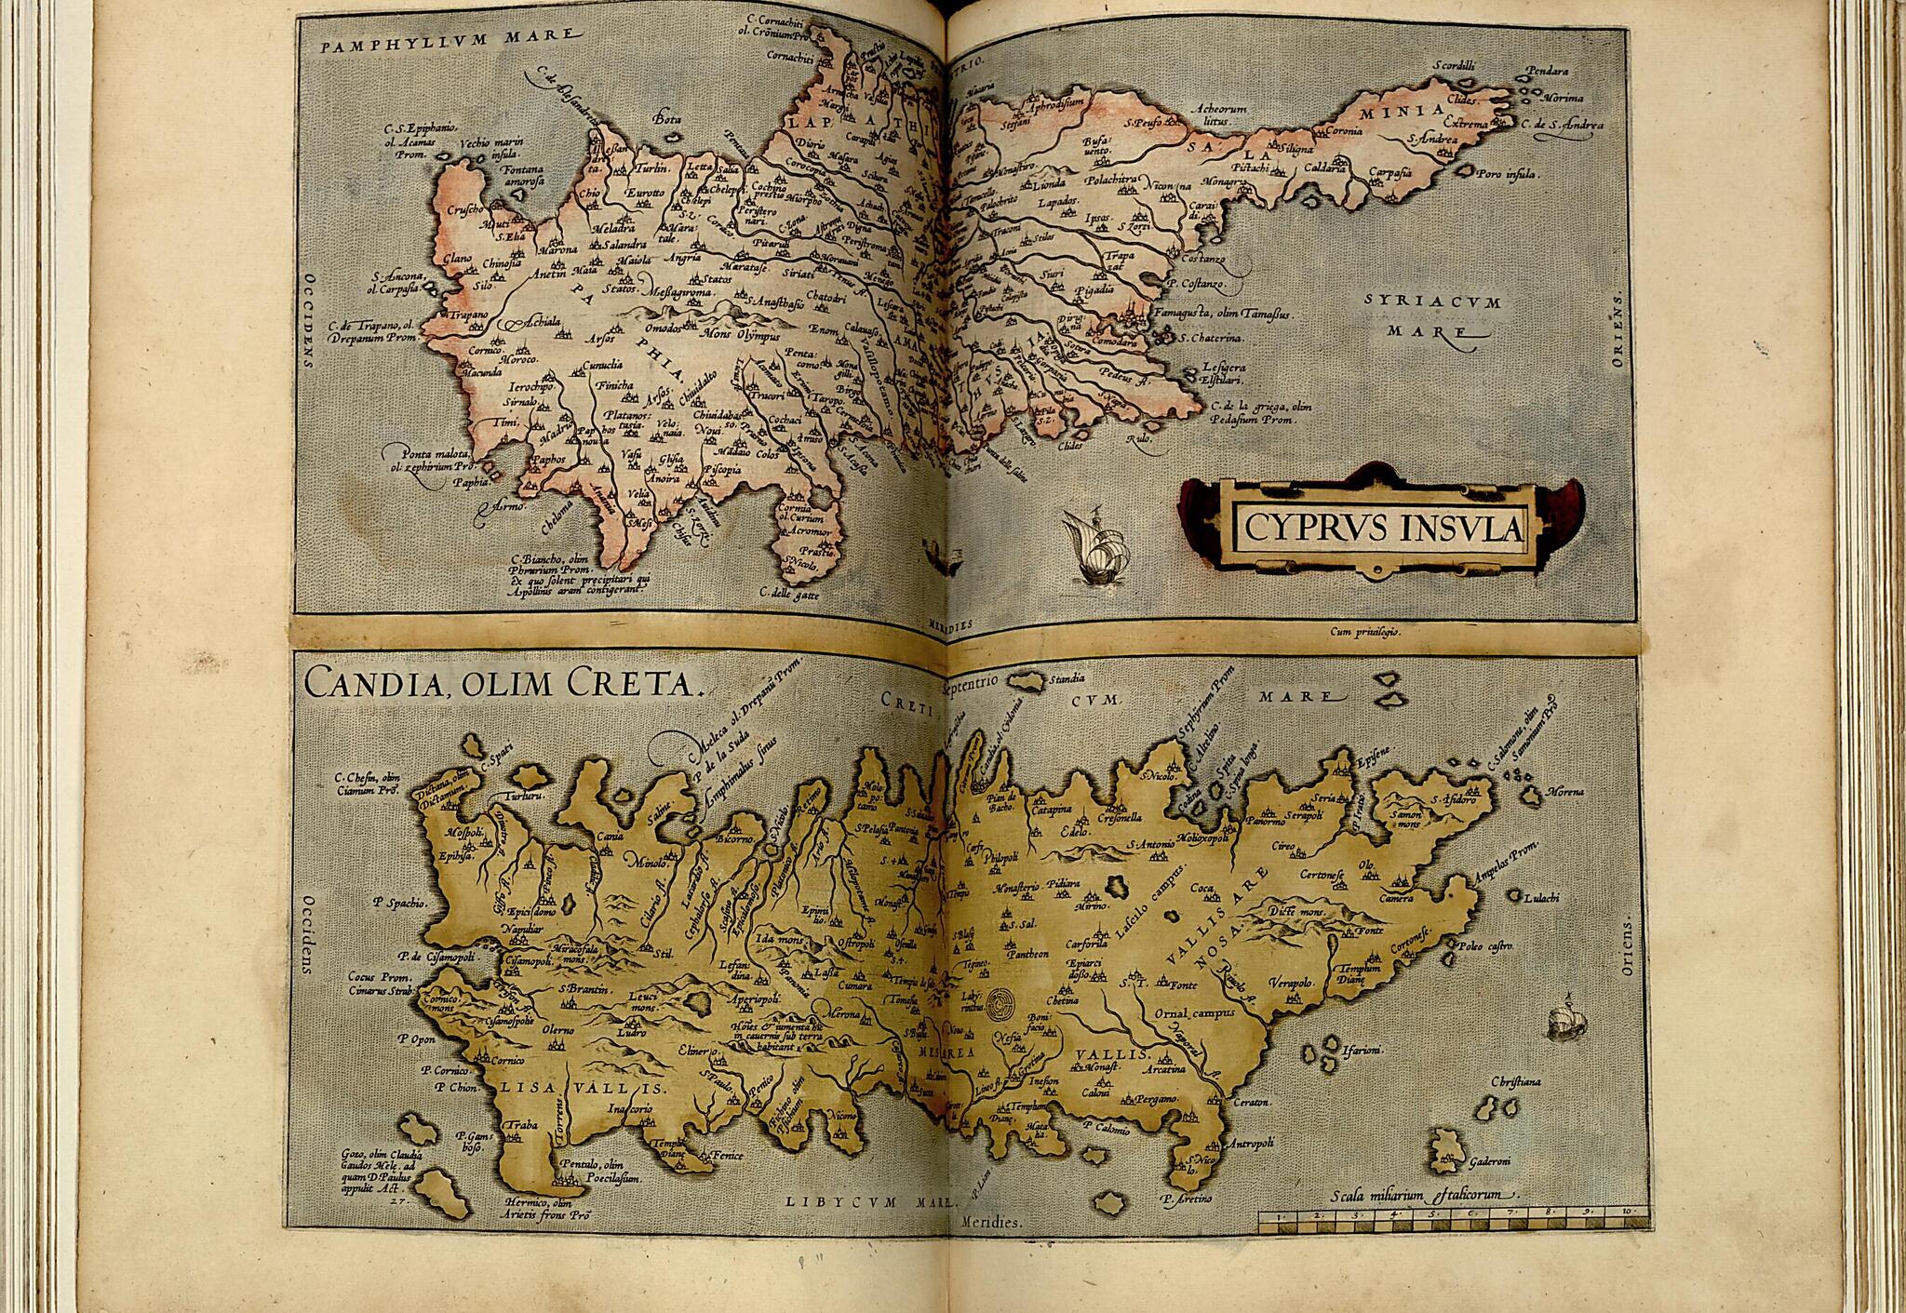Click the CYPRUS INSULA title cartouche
[x=1377, y=529]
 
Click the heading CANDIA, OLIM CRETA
[x=502, y=685]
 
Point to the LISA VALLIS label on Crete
[x=579, y=1089]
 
